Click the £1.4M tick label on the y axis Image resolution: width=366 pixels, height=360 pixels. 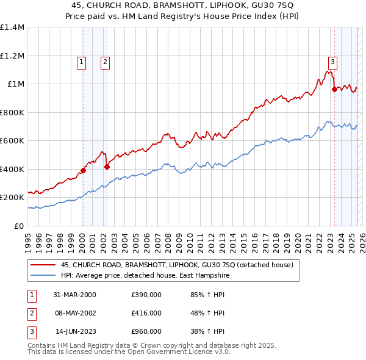coord(12,27)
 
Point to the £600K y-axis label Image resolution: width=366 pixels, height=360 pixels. coord(12,141)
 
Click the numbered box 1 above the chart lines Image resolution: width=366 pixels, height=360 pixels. coord(82,62)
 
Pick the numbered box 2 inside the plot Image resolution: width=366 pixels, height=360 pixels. coord(106,62)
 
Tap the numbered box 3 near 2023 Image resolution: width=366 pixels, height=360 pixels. coord(332,61)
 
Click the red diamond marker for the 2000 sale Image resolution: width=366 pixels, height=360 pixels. coord(84,171)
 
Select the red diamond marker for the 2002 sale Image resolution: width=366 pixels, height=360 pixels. coord(107,167)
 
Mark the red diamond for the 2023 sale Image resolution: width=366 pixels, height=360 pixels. coord(334,90)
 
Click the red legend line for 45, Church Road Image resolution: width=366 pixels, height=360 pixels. coord(42,265)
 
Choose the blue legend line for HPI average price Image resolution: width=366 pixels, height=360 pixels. coord(42,276)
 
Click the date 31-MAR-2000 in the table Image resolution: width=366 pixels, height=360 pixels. coord(74,295)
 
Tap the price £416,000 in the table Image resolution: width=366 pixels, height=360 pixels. coord(146,313)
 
